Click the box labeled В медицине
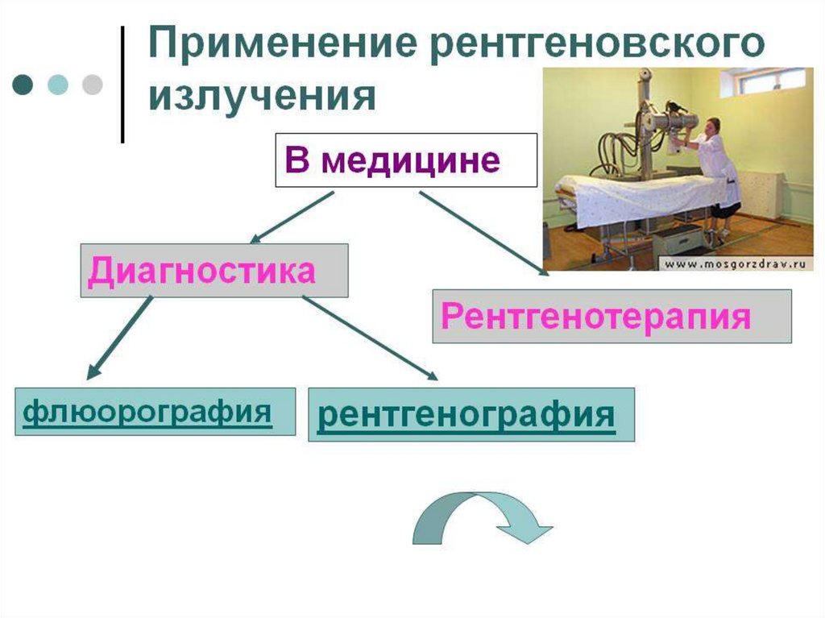[x=405, y=160]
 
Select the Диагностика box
[x=214, y=271]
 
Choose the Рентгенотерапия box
[x=611, y=316]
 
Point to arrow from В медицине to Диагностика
[x=291, y=217]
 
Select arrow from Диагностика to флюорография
[x=119, y=336]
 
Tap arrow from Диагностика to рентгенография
[x=370, y=337]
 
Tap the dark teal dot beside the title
[x=25, y=85]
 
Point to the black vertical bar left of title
[x=122, y=85]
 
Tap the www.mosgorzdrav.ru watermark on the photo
[x=736, y=263]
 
